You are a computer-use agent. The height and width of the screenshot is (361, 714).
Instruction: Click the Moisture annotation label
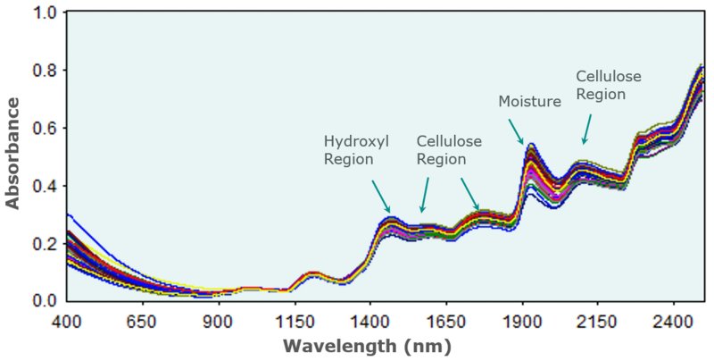529,102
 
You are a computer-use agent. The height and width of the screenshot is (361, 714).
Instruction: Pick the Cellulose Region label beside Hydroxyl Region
449,150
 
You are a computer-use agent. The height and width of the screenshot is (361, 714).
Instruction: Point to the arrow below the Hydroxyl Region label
378,195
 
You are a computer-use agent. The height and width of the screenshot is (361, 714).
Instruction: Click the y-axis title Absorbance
12,153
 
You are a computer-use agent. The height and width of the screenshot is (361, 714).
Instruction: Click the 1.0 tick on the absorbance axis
45,13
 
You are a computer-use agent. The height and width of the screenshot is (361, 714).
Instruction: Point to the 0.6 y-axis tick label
45,129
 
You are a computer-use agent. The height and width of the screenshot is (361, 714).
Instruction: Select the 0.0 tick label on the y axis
45,301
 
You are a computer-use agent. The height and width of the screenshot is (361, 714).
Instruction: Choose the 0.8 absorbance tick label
45,71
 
